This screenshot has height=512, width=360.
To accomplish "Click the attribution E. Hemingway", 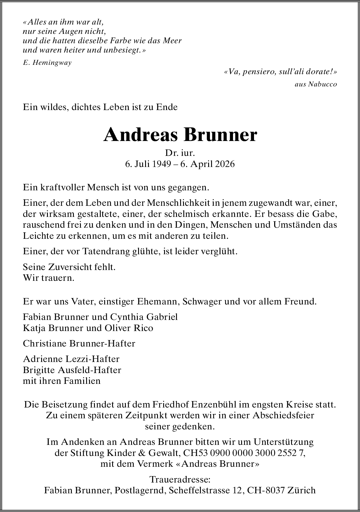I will tap(47, 63).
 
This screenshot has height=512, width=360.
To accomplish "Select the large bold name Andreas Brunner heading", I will tap(180, 135).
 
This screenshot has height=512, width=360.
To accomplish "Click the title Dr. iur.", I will tap(180, 153).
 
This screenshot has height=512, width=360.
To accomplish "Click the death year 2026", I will tap(225, 164).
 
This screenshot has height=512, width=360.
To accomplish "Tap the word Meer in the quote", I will tap(172, 41).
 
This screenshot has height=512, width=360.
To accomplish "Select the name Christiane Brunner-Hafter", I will tap(79, 343).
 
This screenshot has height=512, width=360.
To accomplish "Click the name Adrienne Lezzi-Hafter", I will tap(71, 359).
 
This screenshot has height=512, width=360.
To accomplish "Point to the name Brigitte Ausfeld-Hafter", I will tap(72, 370).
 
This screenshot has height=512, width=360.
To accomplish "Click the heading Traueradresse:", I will tap(180, 479).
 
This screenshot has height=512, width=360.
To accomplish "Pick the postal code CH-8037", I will tap(266, 490).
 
